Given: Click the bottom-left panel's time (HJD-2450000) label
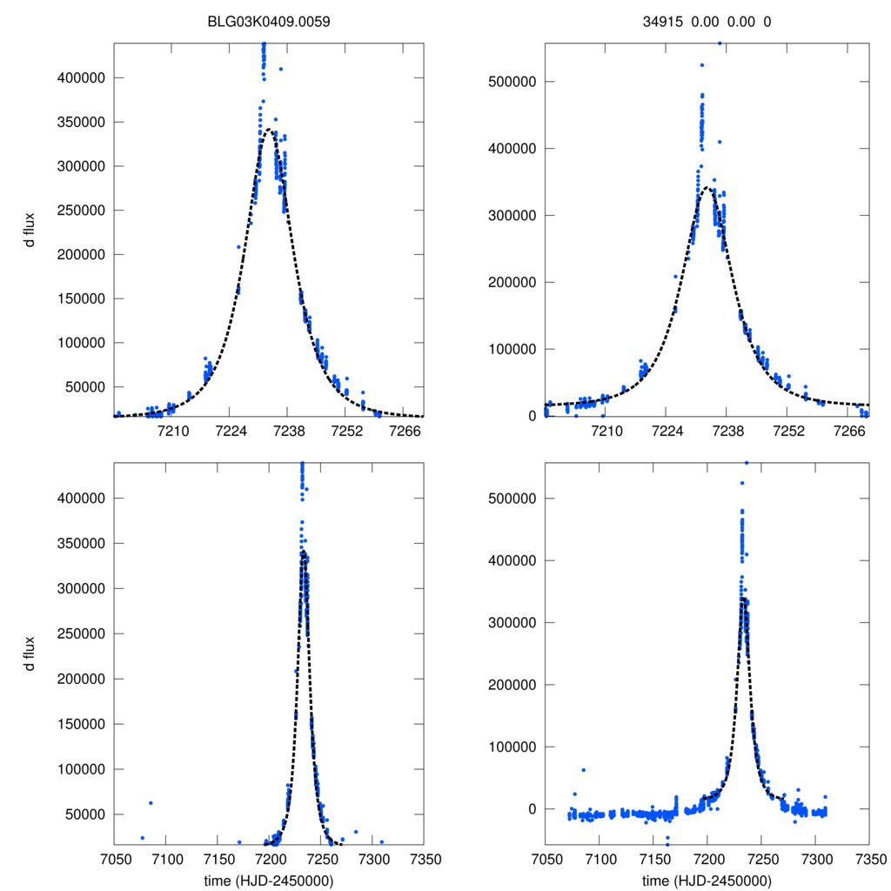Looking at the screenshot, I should (x=269, y=880).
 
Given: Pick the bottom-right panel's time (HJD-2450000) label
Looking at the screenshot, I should (x=707, y=880).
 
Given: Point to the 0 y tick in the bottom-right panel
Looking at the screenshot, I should (x=532, y=809).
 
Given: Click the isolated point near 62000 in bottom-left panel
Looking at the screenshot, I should (x=151, y=802).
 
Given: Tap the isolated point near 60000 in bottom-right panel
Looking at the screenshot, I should (x=583, y=769).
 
